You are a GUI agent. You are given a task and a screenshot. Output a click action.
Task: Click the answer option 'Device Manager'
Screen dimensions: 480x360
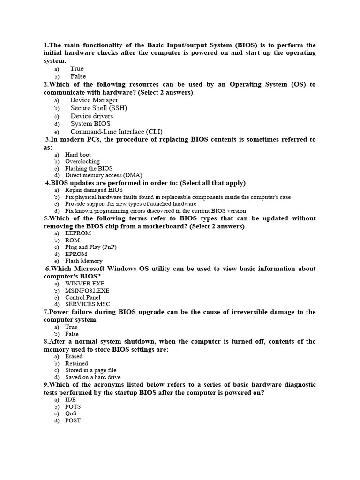(x=94, y=100)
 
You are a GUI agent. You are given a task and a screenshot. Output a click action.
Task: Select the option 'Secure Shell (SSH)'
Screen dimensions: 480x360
(x=98, y=108)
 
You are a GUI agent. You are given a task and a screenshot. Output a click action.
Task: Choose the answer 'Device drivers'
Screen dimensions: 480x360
(x=91, y=116)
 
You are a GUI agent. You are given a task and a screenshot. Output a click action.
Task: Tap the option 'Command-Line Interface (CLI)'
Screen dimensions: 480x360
(x=117, y=132)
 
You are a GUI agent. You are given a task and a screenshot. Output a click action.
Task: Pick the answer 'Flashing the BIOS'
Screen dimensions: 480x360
(x=89, y=168)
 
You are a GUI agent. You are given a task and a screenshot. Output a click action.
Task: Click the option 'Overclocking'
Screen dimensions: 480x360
(x=82, y=161)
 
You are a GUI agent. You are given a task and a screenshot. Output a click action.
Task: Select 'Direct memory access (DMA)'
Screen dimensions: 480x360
(x=104, y=175)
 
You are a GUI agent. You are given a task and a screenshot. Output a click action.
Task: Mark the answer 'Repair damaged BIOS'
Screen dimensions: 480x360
(x=94, y=190)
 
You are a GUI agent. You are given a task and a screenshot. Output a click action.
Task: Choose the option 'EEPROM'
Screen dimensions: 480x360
(x=78, y=233)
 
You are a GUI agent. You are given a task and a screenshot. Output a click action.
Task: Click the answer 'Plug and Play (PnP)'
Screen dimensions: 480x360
(x=91, y=247)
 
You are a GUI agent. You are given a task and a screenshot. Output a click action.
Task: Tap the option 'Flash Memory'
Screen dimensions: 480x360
(x=83, y=261)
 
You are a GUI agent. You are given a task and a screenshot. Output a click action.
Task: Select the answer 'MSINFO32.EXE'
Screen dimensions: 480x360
(x=87, y=291)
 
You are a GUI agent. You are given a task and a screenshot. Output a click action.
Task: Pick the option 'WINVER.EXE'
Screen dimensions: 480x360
(x=85, y=284)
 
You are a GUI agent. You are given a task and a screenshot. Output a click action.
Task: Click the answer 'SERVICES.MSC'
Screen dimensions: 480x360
(x=88, y=304)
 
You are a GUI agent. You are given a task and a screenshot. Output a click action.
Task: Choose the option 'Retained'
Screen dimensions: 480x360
(x=76, y=363)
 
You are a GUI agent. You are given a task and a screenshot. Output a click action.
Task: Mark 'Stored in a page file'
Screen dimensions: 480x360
(x=90, y=370)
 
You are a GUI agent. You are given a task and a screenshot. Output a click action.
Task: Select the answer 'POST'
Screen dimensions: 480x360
(x=73, y=420)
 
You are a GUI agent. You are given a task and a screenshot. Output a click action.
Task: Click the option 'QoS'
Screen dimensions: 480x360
(x=71, y=413)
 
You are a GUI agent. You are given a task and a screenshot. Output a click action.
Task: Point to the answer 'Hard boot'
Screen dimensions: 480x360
(x=78, y=154)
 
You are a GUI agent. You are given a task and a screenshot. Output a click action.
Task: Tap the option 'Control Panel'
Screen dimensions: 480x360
(x=82, y=297)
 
